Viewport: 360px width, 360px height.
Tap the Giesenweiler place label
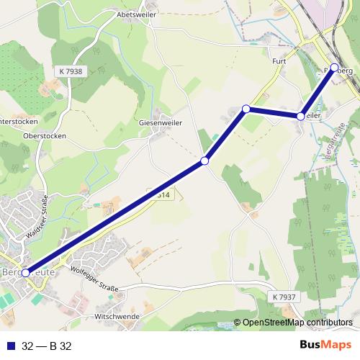(x=160, y=123)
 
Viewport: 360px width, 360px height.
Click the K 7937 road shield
(x=284, y=297)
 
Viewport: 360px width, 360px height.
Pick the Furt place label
(x=279, y=61)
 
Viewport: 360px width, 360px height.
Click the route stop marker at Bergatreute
(x=26, y=273)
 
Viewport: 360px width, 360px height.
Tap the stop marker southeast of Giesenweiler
(x=205, y=161)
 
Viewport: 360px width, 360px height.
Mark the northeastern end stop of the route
(x=334, y=68)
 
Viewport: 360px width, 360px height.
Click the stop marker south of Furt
(x=300, y=116)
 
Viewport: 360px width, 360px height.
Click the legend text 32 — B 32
(x=47, y=344)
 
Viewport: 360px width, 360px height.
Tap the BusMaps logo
(x=325, y=344)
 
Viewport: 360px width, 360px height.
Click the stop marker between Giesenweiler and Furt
(x=246, y=109)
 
